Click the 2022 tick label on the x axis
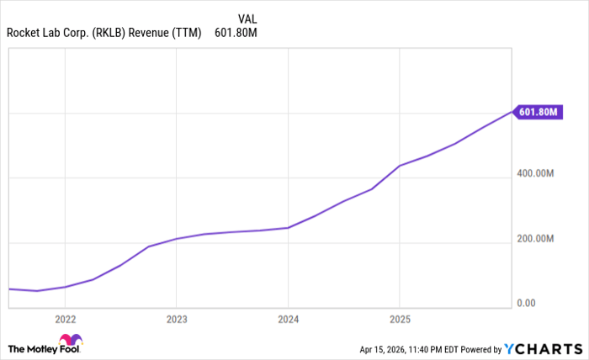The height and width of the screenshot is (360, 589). pos(65,319)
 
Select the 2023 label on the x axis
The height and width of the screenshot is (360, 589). pos(177,319)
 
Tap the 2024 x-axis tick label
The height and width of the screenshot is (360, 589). pos(288,319)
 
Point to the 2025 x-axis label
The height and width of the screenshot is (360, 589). pos(400,319)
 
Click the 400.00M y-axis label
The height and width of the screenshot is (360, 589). pos(537,173)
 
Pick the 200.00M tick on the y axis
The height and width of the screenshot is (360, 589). pos(537,238)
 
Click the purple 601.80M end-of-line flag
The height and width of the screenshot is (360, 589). pos(539,111)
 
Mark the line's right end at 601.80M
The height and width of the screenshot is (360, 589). pos(512,111)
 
